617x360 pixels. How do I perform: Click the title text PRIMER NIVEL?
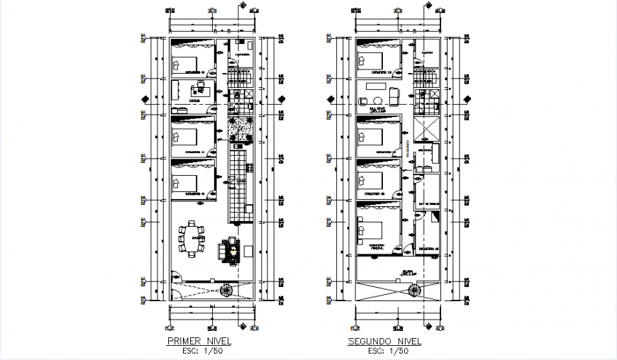point(199,342)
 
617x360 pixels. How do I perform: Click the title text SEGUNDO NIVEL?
point(384,342)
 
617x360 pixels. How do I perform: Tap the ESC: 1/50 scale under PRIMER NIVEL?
point(199,351)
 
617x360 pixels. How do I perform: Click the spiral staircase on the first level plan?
point(228,288)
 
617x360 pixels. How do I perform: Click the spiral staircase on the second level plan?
point(413,288)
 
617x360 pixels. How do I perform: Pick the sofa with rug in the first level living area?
point(230,250)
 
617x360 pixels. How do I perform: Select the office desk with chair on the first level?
point(198,89)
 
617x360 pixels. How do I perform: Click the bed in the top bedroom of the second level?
point(374,61)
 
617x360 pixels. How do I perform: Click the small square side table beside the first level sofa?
point(247,251)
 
